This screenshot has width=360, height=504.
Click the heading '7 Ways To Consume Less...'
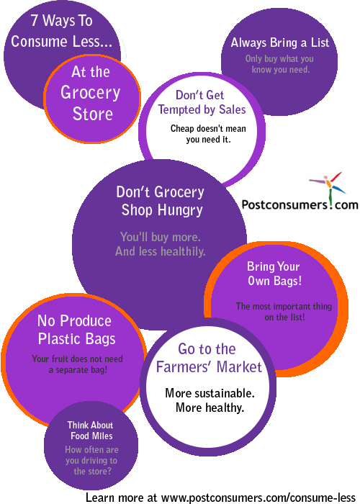[61, 31]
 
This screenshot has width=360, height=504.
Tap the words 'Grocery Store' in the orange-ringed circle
[91, 103]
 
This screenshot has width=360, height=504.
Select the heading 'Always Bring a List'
[280, 42]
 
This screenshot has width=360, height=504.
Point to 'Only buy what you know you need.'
[279, 64]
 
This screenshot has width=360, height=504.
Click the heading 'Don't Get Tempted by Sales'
[202, 102]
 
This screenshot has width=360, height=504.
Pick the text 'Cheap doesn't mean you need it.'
[208, 134]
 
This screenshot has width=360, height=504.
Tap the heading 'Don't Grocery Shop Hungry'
[161, 201]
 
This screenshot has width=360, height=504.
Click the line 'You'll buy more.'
[161, 237]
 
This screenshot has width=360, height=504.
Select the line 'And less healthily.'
[161, 251]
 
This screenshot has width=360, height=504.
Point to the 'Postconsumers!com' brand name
[300, 204]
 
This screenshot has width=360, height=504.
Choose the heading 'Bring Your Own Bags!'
[274, 274]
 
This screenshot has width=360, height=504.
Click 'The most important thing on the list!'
[284, 312]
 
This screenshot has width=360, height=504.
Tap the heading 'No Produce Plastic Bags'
[76, 330]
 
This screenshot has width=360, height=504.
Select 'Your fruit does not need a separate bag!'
[78, 364]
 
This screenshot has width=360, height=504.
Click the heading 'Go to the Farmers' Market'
[209, 358]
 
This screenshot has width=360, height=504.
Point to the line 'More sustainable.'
[210, 393]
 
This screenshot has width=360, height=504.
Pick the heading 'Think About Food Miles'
[91, 431]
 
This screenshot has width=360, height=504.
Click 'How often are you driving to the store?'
[91, 460]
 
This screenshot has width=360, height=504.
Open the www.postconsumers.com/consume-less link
[258, 498]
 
